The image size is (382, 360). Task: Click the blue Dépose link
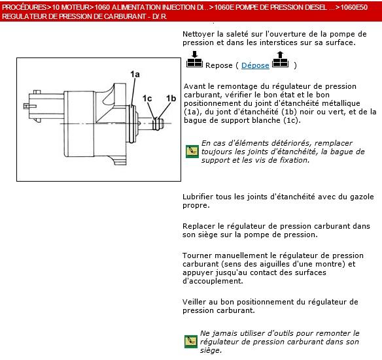pyautogui.click(x=255, y=65)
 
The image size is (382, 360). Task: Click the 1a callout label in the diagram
pyautogui.click(x=135, y=74)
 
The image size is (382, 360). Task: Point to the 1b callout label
pyautogui.click(x=171, y=99)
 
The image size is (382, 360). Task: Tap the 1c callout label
pyautogui.click(x=147, y=99)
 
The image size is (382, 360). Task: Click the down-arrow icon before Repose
pyautogui.click(x=194, y=59)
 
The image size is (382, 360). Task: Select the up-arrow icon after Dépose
pyautogui.click(x=280, y=59)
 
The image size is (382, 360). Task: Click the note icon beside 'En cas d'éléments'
pyautogui.click(x=192, y=152)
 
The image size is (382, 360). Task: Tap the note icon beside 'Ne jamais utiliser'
pyautogui.click(x=191, y=342)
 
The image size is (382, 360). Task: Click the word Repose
pyautogui.click(x=218, y=65)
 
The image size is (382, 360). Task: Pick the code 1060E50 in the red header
pyautogui.click(x=354, y=7)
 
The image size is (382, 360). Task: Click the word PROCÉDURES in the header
pyautogui.click(x=24, y=7)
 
